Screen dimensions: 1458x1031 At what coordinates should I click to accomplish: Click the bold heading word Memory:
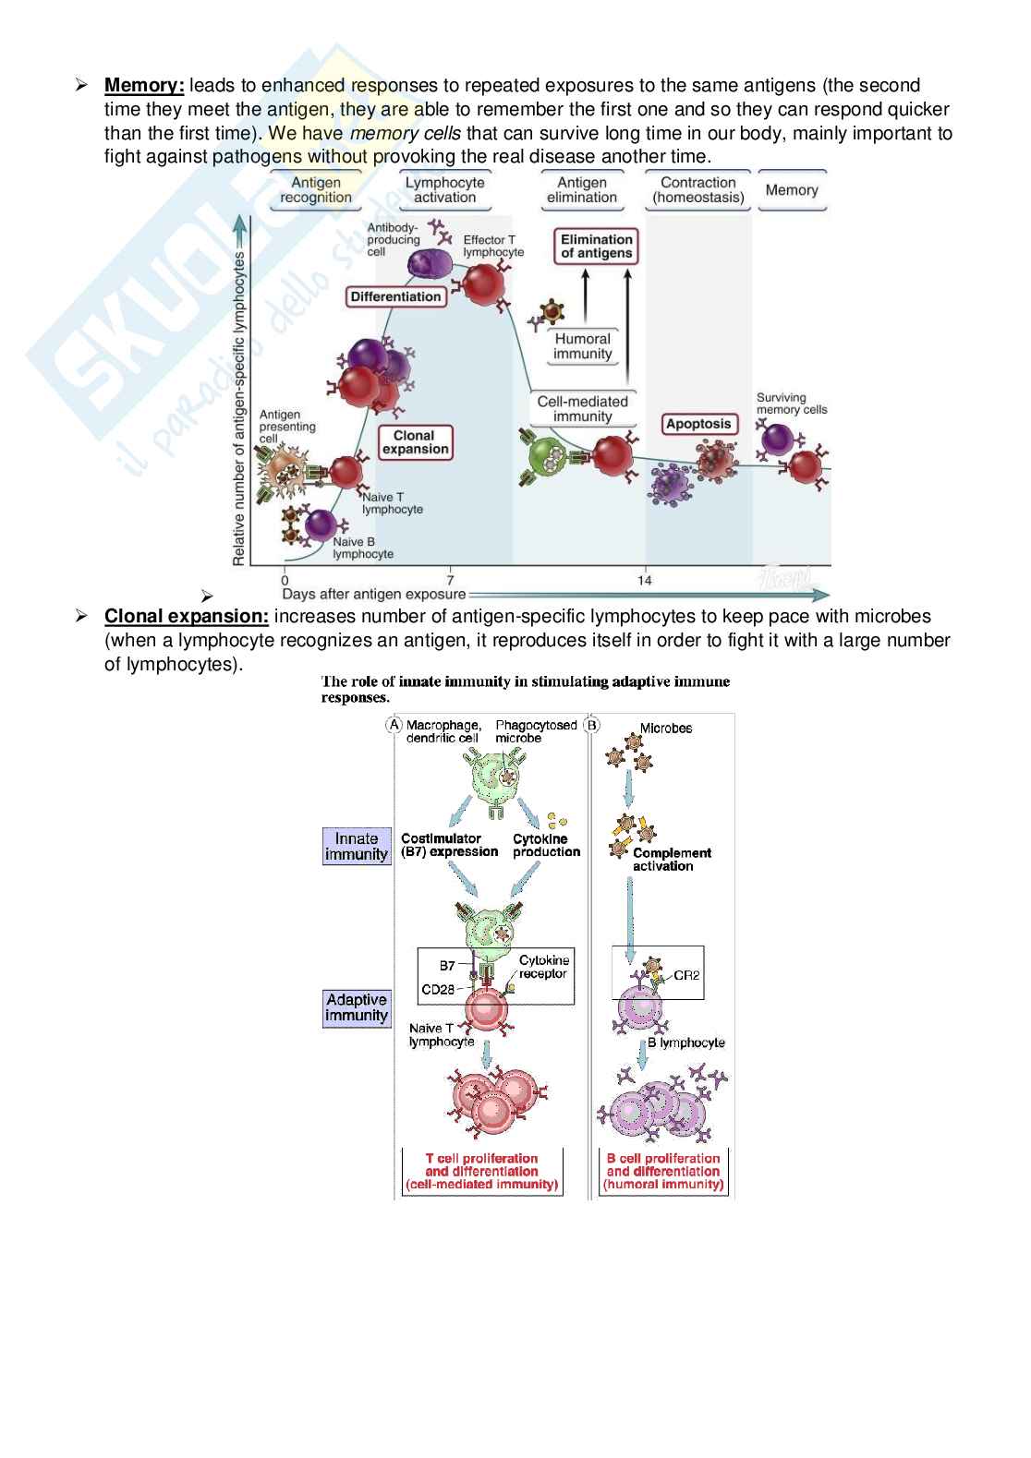pos(144,86)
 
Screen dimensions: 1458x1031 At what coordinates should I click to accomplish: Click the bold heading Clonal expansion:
pos(187,616)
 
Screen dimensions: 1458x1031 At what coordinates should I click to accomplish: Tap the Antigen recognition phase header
pos(316,190)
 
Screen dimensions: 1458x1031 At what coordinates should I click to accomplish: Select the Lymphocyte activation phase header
pos(444,190)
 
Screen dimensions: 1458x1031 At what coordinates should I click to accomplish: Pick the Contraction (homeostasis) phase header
pos(697,190)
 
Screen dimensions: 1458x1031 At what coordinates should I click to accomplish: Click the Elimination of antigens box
pos(597,247)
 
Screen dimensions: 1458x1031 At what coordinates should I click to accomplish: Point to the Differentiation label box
pos(395,296)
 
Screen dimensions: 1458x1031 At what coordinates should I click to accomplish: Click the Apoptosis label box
pos(698,424)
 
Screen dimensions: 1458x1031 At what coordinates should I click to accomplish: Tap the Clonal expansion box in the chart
pos(415,442)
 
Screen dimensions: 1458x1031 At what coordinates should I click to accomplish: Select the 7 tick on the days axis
pos(450,580)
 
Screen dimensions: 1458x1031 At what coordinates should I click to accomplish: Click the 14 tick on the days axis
pos(644,580)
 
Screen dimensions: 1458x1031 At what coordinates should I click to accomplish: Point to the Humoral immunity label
pos(582,346)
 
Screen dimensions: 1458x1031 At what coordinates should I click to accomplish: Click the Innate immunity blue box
pos(357,847)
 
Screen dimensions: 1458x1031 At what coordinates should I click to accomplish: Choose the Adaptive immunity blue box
pos(357,1007)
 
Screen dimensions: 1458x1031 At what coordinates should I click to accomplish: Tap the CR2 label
pos(685,974)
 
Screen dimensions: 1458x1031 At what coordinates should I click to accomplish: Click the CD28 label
pos(438,989)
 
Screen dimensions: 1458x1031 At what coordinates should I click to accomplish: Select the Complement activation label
pos(672,860)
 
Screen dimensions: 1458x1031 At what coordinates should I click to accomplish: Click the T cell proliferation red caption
pos(481,1171)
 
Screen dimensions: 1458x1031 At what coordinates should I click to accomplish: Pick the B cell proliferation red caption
pos(663,1171)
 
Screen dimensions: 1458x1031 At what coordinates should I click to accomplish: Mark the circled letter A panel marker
pos(394,725)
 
